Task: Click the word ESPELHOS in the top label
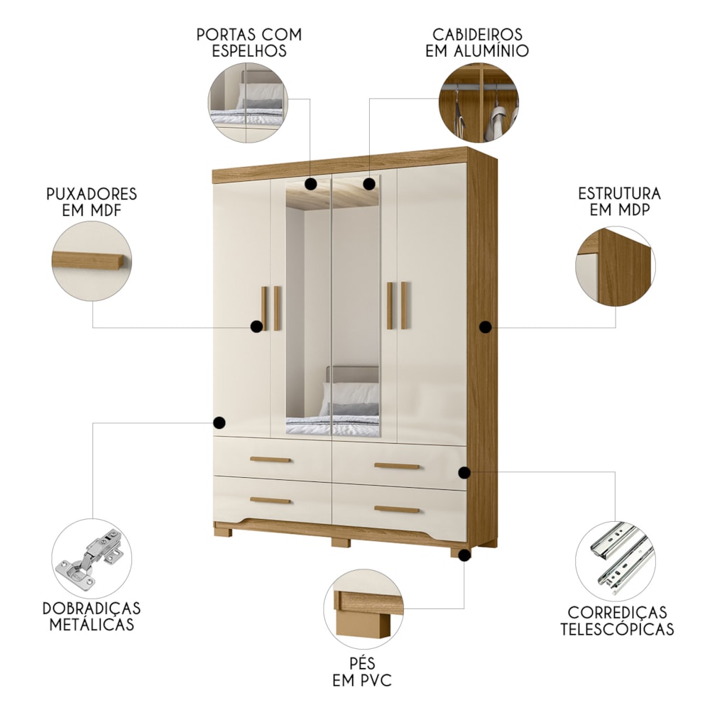(249, 50)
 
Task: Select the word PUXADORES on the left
(92, 194)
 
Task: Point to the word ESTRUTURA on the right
(619, 193)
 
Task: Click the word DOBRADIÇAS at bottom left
(92, 608)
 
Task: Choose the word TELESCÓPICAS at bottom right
(617, 629)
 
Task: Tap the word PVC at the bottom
(375, 680)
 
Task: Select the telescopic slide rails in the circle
(622, 558)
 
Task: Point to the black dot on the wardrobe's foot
(464, 555)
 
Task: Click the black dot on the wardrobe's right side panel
(486, 327)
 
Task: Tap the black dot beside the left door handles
(256, 326)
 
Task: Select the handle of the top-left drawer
(271, 459)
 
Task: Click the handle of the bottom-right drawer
(397, 509)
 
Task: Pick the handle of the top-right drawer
(397, 466)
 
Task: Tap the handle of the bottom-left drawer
(271, 501)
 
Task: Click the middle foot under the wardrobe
(341, 542)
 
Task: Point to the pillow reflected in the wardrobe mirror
(349, 393)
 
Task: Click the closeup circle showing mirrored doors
(248, 103)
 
